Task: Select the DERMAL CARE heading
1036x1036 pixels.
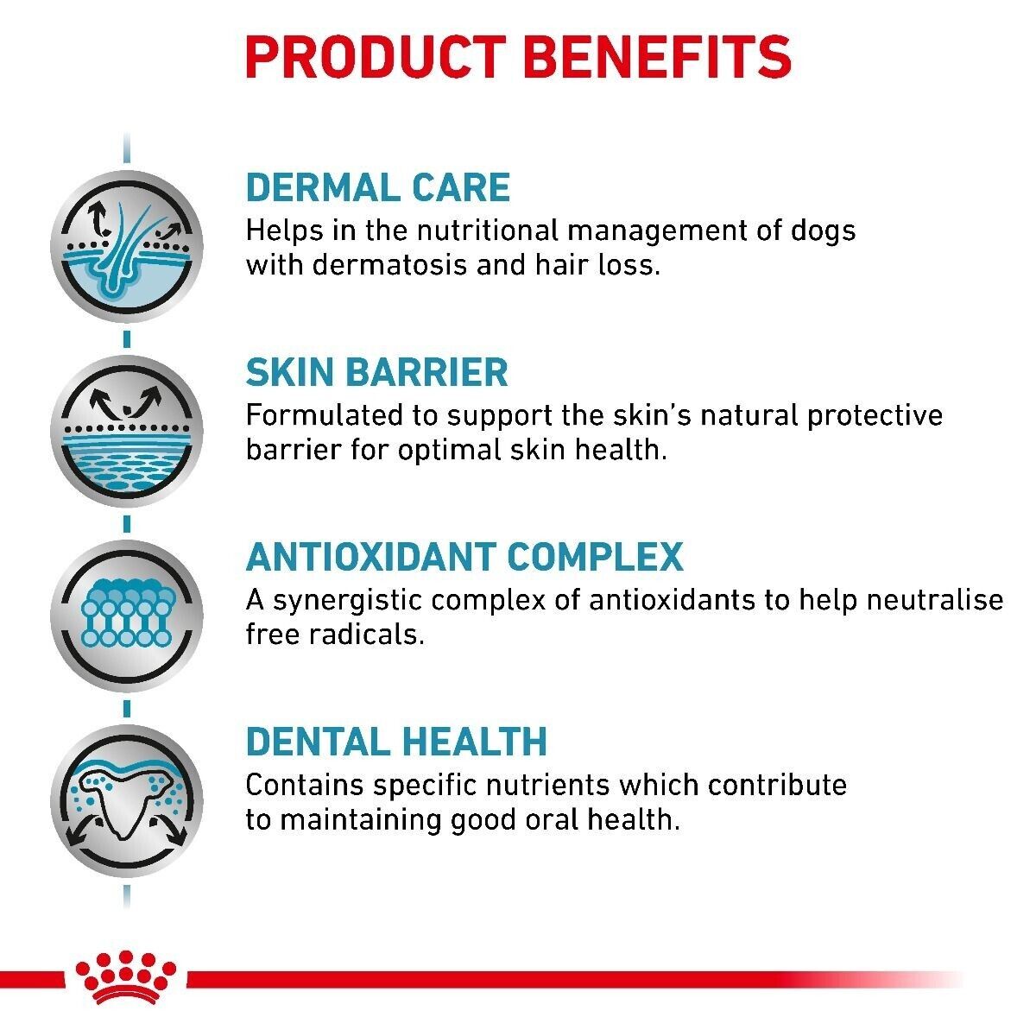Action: (x=378, y=188)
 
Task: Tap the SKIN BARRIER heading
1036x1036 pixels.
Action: (x=376, y=373)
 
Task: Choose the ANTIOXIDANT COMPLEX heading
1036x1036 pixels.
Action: (x=464, y=557)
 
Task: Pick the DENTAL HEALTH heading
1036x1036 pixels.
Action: (x=396, y=742)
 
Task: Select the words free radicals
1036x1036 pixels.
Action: (x=335, y=635)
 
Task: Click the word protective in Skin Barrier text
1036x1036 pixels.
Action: (x=875, y=415)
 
